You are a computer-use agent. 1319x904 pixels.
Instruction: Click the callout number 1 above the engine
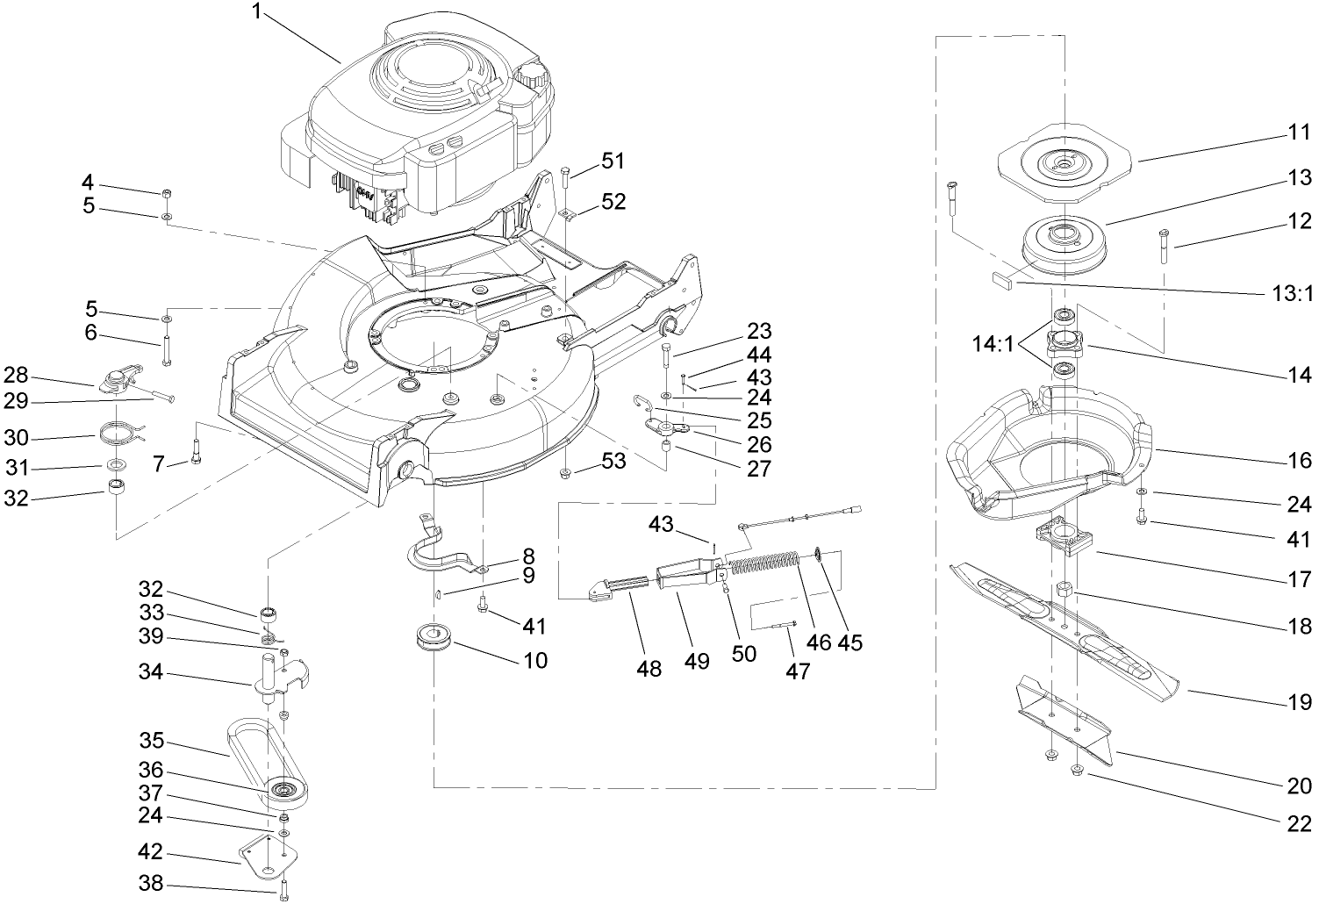click(256, 12)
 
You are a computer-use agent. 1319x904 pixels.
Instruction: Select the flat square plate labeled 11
click(1063, 163)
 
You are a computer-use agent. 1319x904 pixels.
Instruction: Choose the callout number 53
click(613, 460)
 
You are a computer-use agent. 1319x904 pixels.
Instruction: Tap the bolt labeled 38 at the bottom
click(283, 892)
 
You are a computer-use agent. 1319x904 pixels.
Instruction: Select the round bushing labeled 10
click(434, 638)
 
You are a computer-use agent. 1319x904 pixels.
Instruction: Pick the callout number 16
click(1299, 459)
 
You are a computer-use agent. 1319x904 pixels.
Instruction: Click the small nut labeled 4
click(167, 193)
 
